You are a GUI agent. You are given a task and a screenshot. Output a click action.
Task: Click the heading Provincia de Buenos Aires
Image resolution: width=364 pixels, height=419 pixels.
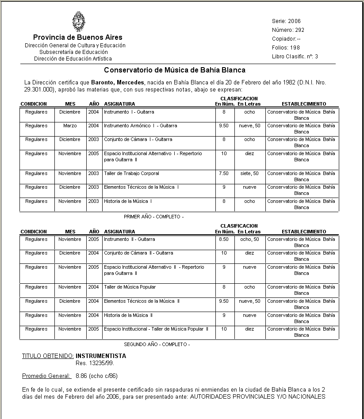coord(78,37)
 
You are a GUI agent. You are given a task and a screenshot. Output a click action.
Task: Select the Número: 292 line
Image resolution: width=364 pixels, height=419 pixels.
coord(288,30)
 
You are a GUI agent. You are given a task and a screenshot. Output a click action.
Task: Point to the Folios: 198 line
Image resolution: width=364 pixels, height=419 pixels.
coord(286,48)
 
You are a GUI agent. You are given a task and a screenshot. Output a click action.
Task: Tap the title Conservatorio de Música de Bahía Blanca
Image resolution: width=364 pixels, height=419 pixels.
coord(175,70)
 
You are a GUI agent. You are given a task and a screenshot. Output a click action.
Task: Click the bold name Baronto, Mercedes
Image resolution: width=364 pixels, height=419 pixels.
coord(118,83)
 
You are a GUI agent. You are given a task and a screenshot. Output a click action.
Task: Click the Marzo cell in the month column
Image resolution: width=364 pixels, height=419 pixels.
coord(70,126)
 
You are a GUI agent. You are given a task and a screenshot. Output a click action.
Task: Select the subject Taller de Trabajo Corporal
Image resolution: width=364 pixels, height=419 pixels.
coord(131,173)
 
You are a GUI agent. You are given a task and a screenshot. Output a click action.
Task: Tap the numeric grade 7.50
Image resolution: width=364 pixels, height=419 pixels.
coord(224,173)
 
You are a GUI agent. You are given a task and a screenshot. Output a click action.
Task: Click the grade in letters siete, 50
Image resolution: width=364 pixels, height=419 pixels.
coord(249,173)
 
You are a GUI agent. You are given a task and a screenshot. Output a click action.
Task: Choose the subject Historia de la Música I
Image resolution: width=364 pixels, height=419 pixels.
coord(128,201)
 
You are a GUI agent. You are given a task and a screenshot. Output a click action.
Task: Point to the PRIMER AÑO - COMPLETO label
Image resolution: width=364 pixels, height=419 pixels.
coord(153,217)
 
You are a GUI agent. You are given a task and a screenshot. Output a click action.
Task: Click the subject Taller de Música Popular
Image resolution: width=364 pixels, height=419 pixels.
coord(130,287)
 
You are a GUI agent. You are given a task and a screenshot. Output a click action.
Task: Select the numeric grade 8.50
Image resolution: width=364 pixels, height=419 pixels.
coord(224,239)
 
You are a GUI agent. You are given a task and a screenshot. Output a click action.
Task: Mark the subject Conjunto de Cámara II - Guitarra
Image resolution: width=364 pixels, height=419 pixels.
coord(138,253)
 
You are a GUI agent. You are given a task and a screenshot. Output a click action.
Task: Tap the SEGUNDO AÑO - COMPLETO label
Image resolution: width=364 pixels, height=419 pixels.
coord(157,344)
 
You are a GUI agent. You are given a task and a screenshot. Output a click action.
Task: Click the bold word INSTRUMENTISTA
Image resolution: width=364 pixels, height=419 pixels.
coord(101,356)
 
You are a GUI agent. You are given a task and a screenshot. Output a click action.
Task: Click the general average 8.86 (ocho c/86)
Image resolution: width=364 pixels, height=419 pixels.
coord(96,376)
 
